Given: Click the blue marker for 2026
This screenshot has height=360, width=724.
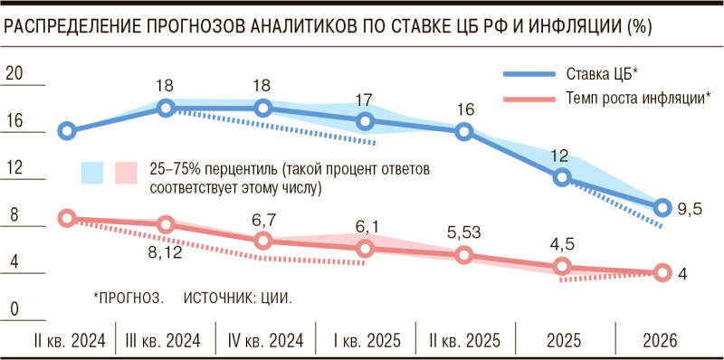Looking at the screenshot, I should click(x=662, y=208).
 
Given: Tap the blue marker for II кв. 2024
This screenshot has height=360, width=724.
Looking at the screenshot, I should click(x=66, y=131).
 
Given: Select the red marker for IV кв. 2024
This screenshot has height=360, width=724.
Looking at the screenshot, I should click(x=263, y=241).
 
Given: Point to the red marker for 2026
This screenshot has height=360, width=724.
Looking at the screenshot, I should click(x=662, y=272).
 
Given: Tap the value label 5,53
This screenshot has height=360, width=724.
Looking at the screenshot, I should click(x=463, y=233).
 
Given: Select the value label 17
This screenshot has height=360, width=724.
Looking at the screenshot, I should click(x=364, y=99).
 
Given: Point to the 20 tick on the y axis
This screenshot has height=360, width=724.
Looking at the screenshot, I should click(x=14, y=73).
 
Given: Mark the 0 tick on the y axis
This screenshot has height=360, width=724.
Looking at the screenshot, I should click(x=14, y=310).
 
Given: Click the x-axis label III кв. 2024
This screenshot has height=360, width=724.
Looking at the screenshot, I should click(x=164, y=342).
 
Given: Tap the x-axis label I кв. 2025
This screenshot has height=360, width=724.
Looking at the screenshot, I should click(x=364, y=342).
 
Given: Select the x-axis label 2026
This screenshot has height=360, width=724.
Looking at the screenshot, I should click(x=662, y=342).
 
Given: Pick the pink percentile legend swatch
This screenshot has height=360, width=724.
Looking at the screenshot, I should click(x=126, y=171).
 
